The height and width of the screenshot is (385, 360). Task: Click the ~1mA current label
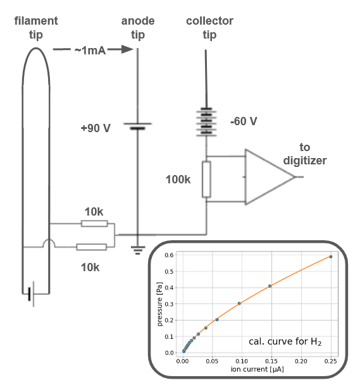coord(90,51)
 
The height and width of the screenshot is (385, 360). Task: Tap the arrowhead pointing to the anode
coord(127,49)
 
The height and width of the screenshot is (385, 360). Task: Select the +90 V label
coord(96,128)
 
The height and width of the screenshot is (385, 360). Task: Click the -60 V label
coord(244,121)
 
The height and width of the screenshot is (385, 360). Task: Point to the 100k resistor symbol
coord(206,180)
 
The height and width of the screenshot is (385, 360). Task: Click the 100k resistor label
coord(178,180)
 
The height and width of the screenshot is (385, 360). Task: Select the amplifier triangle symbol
coord(270,177)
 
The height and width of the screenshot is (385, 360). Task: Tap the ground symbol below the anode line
coord(138,250)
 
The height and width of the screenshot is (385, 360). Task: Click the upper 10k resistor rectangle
coord(94,223)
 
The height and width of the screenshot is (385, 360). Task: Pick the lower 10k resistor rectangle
coord(91,247)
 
